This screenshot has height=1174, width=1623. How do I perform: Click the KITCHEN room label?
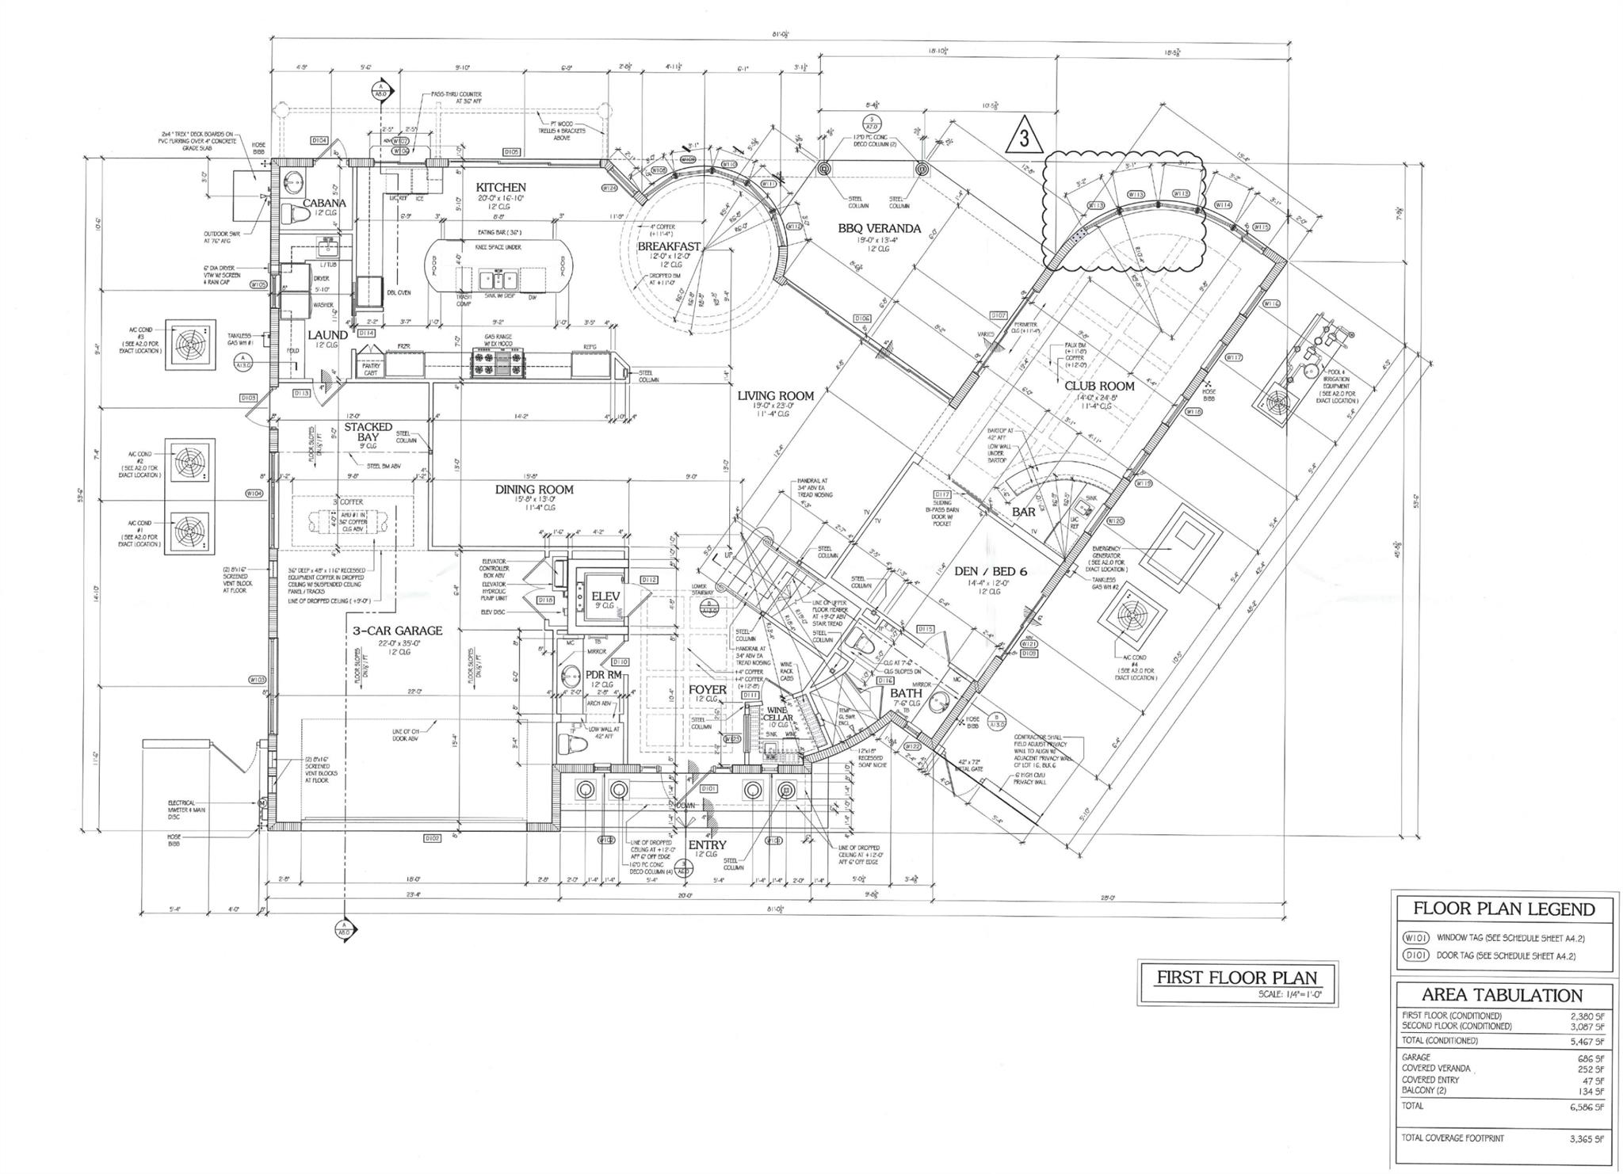(500, 187)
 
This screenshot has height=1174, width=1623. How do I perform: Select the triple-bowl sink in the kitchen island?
(498, 280)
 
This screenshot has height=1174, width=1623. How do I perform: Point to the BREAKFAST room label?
(669, 246)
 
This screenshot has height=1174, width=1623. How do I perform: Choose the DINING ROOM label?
(534, 490)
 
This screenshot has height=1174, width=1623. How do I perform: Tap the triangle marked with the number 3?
(1029, 138)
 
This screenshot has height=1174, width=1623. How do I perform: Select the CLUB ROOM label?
(1099, 386)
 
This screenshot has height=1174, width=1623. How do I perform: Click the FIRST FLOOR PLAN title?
(1236, 977)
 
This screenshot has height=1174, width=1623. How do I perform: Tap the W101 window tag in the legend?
(1415, 938)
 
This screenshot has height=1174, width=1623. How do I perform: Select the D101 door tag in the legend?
(1415, 955)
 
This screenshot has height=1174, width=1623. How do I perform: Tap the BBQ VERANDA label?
(879, 229)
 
